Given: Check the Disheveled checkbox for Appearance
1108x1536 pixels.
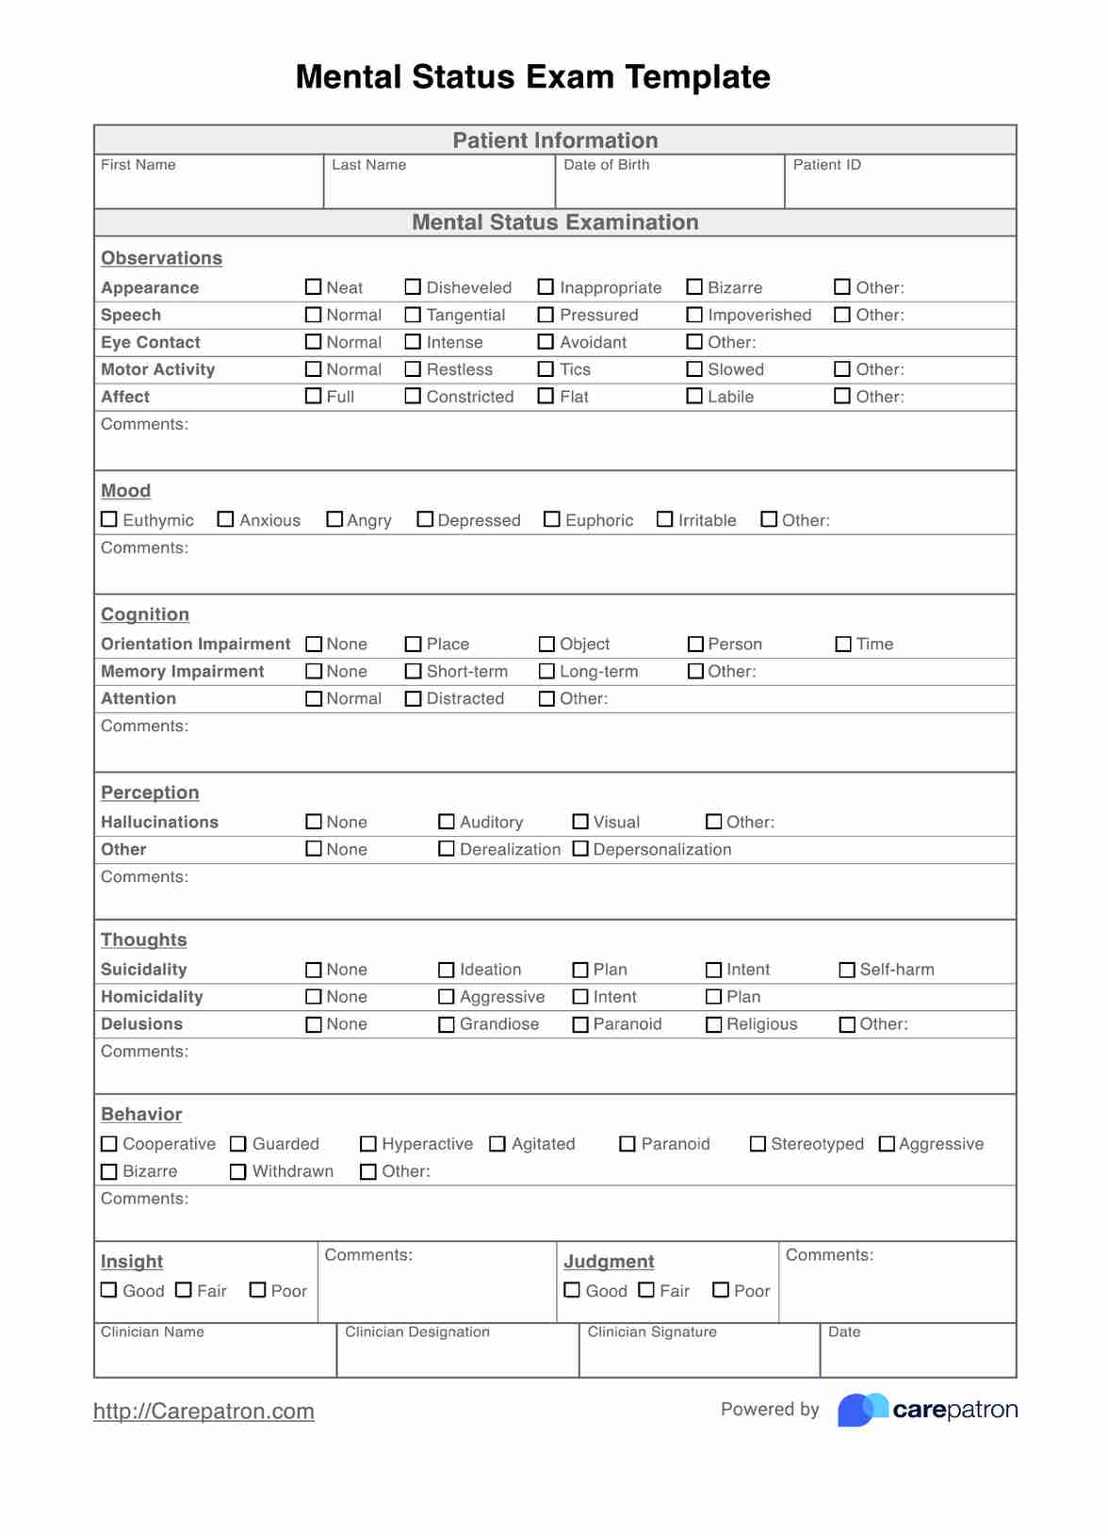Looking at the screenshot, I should tap(413, 286).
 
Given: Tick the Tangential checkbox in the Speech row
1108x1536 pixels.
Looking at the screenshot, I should tap(413, 314).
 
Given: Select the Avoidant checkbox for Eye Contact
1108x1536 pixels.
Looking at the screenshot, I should tap(546, 341).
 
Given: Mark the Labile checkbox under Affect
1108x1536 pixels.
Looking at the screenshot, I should tap(694, 396).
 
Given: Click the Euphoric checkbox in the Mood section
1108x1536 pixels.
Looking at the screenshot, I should tap(552, 519).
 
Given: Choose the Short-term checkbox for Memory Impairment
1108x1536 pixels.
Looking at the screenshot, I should tap(413, 671).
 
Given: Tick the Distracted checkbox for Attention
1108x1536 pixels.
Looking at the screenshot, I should tap(413, 698).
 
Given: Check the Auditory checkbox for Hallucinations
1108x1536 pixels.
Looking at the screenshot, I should tap(447, 822).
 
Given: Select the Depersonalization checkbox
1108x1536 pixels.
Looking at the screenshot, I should tap(580, 849).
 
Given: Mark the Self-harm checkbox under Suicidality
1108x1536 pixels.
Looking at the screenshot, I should tap(847, 970).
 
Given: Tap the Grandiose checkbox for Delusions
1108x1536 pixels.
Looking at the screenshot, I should tap(447, 1024).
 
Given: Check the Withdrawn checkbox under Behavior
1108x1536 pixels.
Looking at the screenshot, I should tap(238, 1171).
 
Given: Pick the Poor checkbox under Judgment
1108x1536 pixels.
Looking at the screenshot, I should tap(721, 1290).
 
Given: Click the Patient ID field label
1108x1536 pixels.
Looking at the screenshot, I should tap(826, 165).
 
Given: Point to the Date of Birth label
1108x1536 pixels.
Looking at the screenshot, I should tap(606, 165).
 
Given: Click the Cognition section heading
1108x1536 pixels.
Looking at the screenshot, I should tap(145, 614).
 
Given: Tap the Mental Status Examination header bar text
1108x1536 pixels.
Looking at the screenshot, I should tap(555, 222).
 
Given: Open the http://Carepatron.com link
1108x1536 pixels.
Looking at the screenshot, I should tap(204, 1411).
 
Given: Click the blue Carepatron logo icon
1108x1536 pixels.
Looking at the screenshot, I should tap(862, 1410).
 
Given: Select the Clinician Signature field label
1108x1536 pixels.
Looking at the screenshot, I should tap(652, 1332).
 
